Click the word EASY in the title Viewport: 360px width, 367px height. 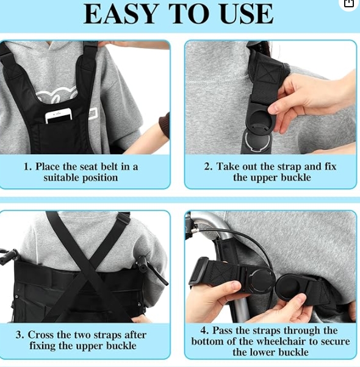click(120, 14)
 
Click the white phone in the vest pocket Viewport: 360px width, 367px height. click(59, 115)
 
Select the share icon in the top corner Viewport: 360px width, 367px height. click(349, 3)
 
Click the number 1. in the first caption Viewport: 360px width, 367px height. click(27, 166)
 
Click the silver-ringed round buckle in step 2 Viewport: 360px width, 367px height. click(257, 141)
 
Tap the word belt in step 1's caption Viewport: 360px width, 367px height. click(110, 166)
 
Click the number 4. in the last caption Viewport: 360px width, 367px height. click(205, 330)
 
